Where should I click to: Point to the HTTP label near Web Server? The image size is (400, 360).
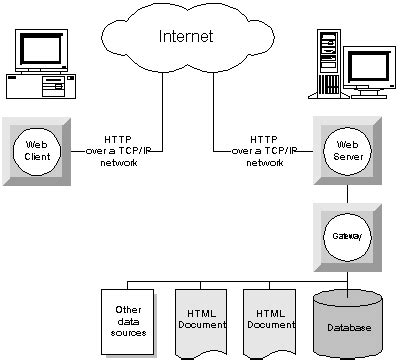pos(264,138)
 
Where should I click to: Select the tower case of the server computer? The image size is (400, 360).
pos(327,65)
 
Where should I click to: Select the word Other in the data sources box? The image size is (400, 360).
pos(127,307)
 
